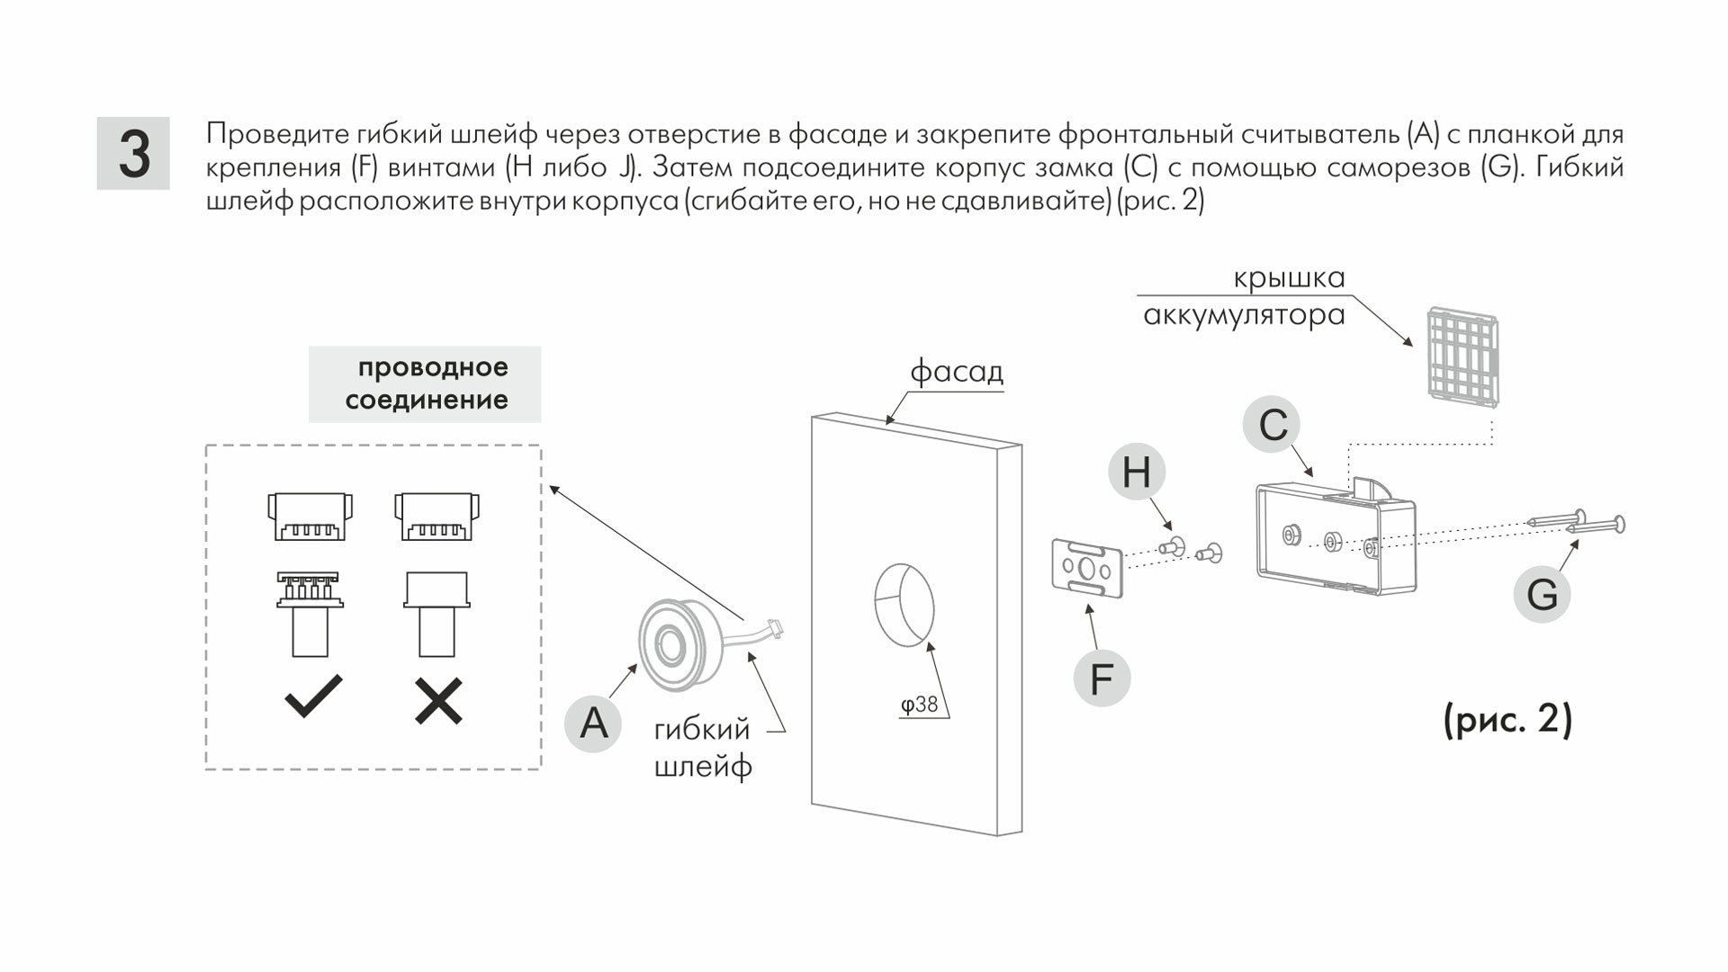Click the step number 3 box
click(x=133, y=153)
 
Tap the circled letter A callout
click(x=593, y=723)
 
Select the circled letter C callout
click(x=1273, y=425)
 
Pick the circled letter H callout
click(x=1136, y=472)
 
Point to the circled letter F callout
click(x=1102, y=678)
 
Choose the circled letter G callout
click(x=1542, y=594)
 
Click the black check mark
click(x=313, y=696)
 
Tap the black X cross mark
click(x=438, y=701)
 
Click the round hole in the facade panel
click(x=904, y=604)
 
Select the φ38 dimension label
click(x=920, y=705)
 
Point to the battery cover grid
click(x=1462, y=357)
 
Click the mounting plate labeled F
click(x=1087, y=568)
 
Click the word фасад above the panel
click(x=956, y=371)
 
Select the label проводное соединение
click(x=426, y=383)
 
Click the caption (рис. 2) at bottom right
click(x=1507, y=720)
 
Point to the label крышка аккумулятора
click(x=1244, y=297)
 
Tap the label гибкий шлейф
click(x=702, y=747)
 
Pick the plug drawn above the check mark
click(x=310, y=614)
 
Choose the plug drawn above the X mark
click(x=437, y=614)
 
